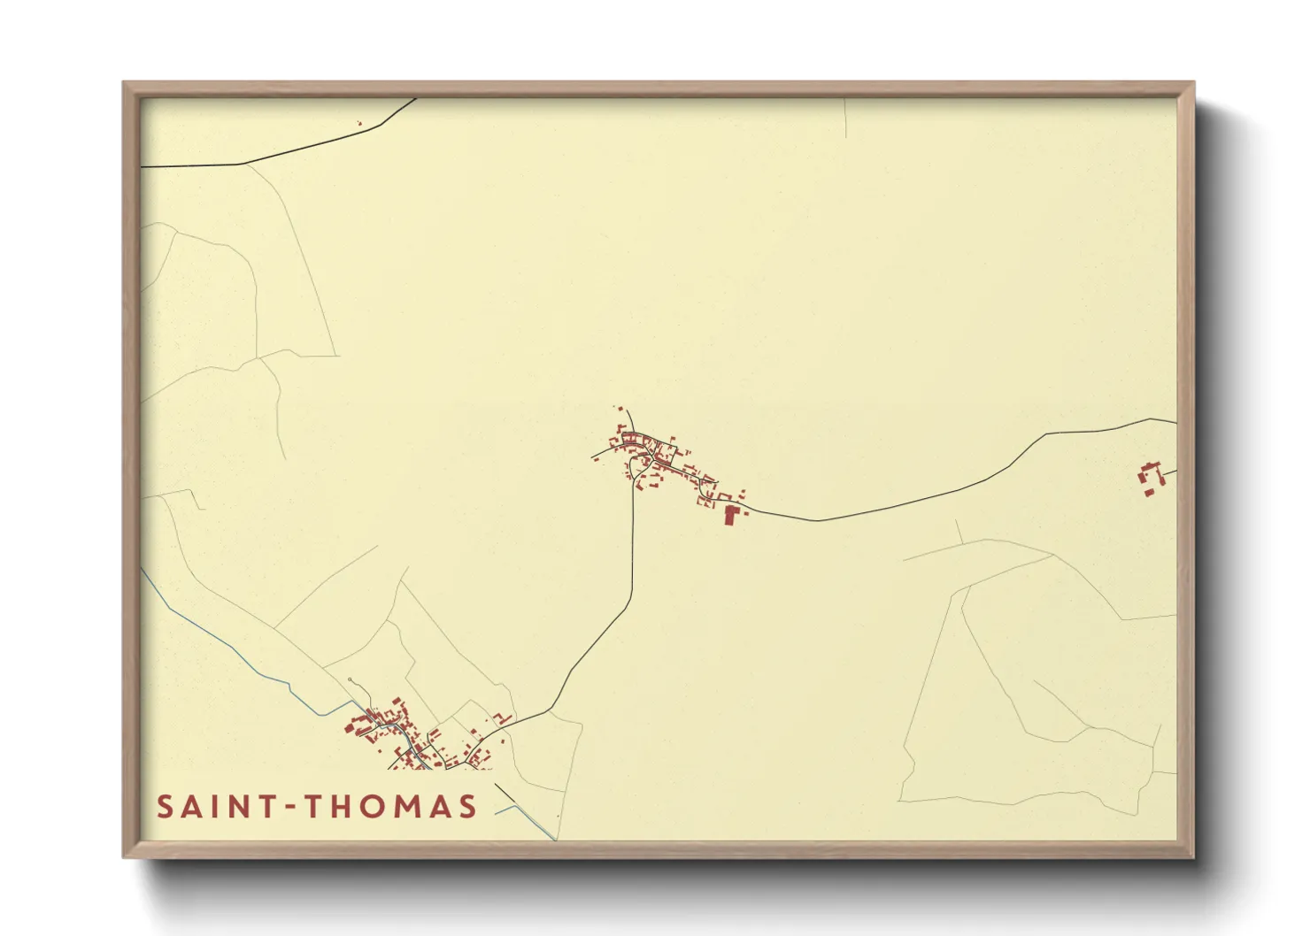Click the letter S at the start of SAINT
point(165,807)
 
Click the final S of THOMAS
point(467,807)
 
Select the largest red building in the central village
point(730,515)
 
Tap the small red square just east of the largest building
point(744,510)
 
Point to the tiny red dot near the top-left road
point(359,123)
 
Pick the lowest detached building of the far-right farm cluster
point(1149,492)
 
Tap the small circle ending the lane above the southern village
point(351,680)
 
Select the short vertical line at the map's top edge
point(846,118)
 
